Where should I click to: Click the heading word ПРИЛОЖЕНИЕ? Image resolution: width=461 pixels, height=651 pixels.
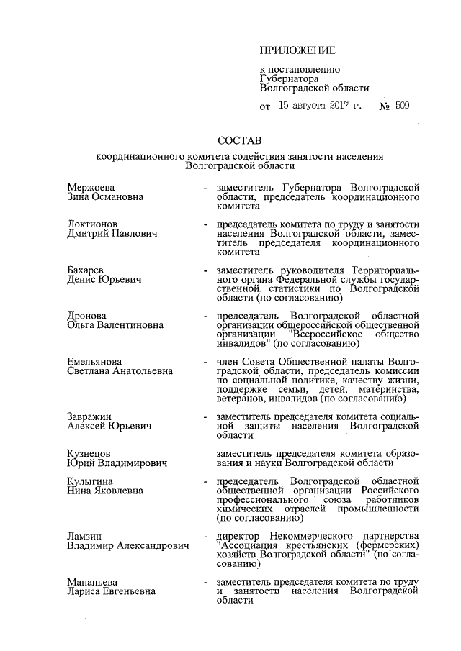[297, 50]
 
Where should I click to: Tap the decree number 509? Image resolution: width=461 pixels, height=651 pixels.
[402, 106]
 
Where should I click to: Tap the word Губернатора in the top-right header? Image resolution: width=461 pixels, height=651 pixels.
[289, 79]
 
